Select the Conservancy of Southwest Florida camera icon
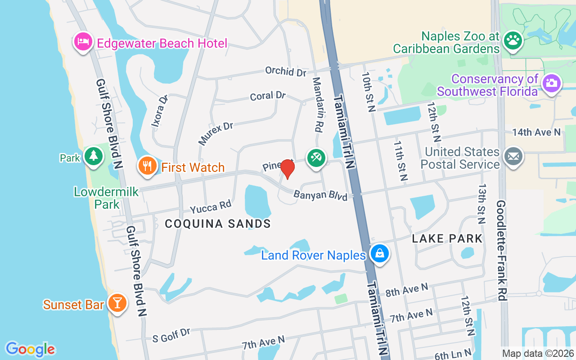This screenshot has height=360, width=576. tap(551, 83)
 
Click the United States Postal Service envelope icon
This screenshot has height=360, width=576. tap(513, 157)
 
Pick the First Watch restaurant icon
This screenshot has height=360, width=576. tap(147, 166)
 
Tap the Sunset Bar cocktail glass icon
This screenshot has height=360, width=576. tap(117, 303)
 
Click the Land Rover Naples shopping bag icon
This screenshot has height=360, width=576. tap(380, 253)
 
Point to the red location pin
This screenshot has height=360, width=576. tap(287, 169)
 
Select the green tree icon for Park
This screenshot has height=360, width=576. tap(94, 156)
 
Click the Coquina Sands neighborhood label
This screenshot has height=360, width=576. tap(218, 224)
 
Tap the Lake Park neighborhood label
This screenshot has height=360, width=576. tap(447, 238)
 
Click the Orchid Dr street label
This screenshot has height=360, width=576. tap(285, 71)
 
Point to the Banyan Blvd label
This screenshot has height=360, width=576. tap(320, 196)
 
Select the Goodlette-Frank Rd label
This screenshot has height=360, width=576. tap(501, 251)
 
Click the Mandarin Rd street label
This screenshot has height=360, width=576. tap(317, 104)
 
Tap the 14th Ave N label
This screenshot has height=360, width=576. tap(536, 132)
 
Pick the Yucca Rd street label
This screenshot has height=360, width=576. tap(210, 207)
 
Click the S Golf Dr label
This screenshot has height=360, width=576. tap(171, 335)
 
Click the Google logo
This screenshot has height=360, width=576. tap(30, 349)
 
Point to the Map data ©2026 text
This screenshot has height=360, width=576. tap(538, 353)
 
